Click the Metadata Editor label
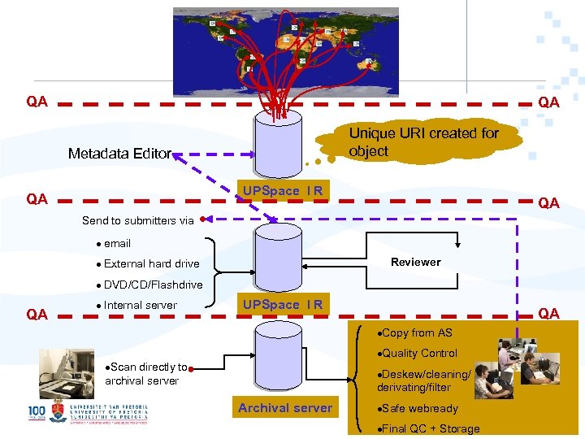pos(119,154)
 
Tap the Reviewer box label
pos(415,262)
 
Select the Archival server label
pos(285,408)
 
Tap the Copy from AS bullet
pos(415,333)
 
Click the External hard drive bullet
pos(151,263)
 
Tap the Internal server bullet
pos(141,305)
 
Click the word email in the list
pos(117,243)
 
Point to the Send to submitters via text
pos(138,220)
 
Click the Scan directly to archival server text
pos(146,374)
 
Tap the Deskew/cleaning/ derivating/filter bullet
pos(422,380)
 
